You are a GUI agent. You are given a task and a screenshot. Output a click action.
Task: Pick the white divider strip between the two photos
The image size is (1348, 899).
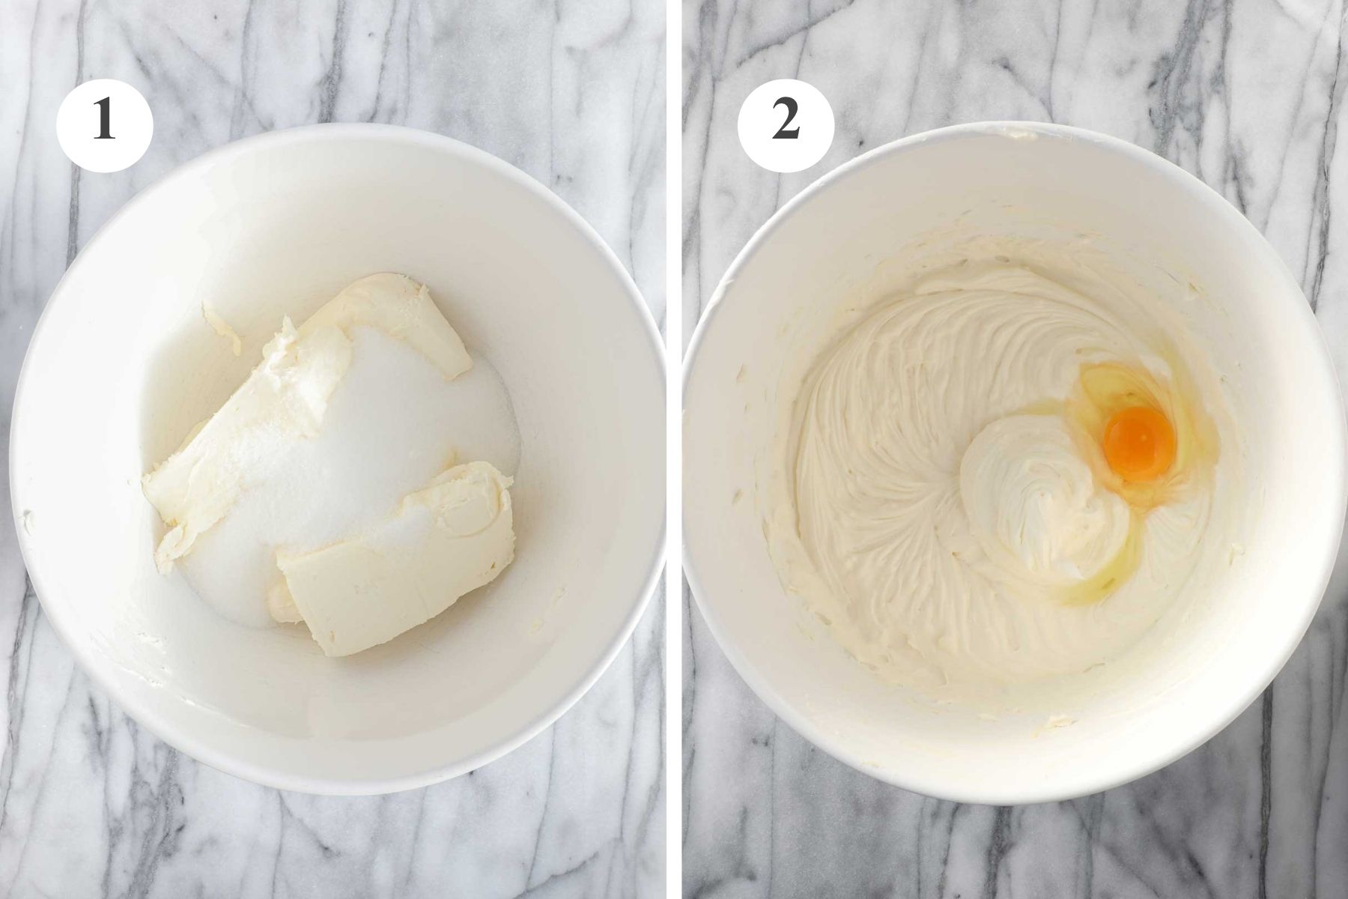click(x=674, y=449)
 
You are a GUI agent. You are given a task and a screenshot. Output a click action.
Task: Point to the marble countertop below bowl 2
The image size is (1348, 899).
click(x=1011, y=854)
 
